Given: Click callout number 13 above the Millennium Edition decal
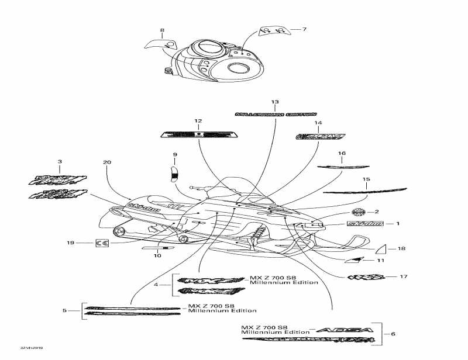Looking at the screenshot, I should pyautogui.click(x=275, y=102).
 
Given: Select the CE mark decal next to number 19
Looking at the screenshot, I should pyautogui.click(x=101, y=242).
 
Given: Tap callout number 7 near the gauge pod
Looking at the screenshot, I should pyautogui.click(x=304, y=29).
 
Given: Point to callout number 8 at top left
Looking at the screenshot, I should pyautogui.click(x=162, y=30).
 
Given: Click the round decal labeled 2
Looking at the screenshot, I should pyautogui.click(x=358, y=212).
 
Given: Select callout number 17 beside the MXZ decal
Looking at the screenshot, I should pyautogui.click(x=404, y=276).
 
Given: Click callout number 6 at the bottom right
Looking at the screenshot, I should pyautogui.click(x=393, y=334).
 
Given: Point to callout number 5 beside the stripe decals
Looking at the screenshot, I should pyautogui.click(x=64, y=310).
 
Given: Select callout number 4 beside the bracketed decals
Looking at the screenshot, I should pyautogui.click(x=156, y=285).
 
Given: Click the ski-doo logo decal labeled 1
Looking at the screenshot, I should pyautogui.click(x=366, y=223).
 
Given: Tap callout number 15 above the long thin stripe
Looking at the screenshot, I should pyautogui.click(x=366, y=179).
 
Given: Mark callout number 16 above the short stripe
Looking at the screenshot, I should pyautogui.click(x=342, y=154).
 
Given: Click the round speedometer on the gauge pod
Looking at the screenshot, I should pyautogui.click(x=237, y=67).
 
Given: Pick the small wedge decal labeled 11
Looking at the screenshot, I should pyautogui.click(x=355, y=259).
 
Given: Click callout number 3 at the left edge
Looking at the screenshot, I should pyautogui.click(x=59, y=161).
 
